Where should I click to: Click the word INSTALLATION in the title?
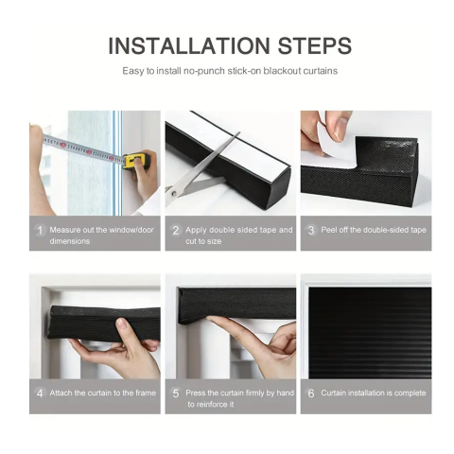189,46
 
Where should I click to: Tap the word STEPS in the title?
314,46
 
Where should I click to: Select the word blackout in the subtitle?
282,71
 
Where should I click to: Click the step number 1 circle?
40,230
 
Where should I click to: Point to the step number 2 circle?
176,230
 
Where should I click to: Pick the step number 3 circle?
311,230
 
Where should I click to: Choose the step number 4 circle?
40,393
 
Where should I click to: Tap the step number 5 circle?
176,393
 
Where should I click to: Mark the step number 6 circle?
311,393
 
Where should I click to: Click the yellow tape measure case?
135,161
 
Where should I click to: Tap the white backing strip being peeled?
331,139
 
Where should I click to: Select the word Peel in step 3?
328,230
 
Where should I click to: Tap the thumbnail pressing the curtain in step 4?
122,323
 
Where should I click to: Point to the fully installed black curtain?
370,332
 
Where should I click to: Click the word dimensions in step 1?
70,241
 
